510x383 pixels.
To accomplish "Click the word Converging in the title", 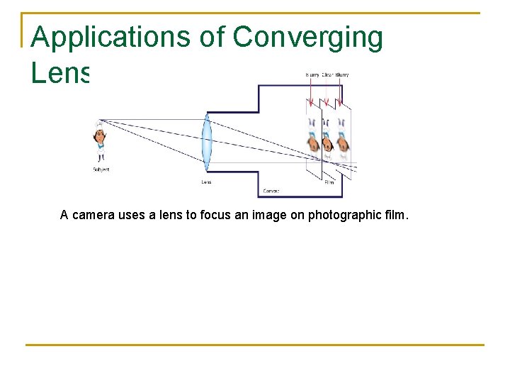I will pyautogui.click(x=307, y=38).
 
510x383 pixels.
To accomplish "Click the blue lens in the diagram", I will pyautogui.click(x=207, y=142).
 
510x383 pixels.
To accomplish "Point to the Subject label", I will pyautogui.click(x=101, y=170).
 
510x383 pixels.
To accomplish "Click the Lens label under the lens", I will pyautogui.click(x=206, y=182).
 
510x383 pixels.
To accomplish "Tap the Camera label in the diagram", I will pyautogui.click(x=271, y=191).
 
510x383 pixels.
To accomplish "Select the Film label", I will pyautogui.click(x=329, y=182).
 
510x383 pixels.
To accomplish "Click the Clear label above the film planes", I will pyautogui.click(x=327, y=74).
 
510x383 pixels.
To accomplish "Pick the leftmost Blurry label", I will pyautogui.click(x=312, y=74).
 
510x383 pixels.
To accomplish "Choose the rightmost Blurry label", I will pyautogui.click(x=342, y=74).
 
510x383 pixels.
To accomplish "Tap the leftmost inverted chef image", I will pyautogui.click(x=312, y=135).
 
